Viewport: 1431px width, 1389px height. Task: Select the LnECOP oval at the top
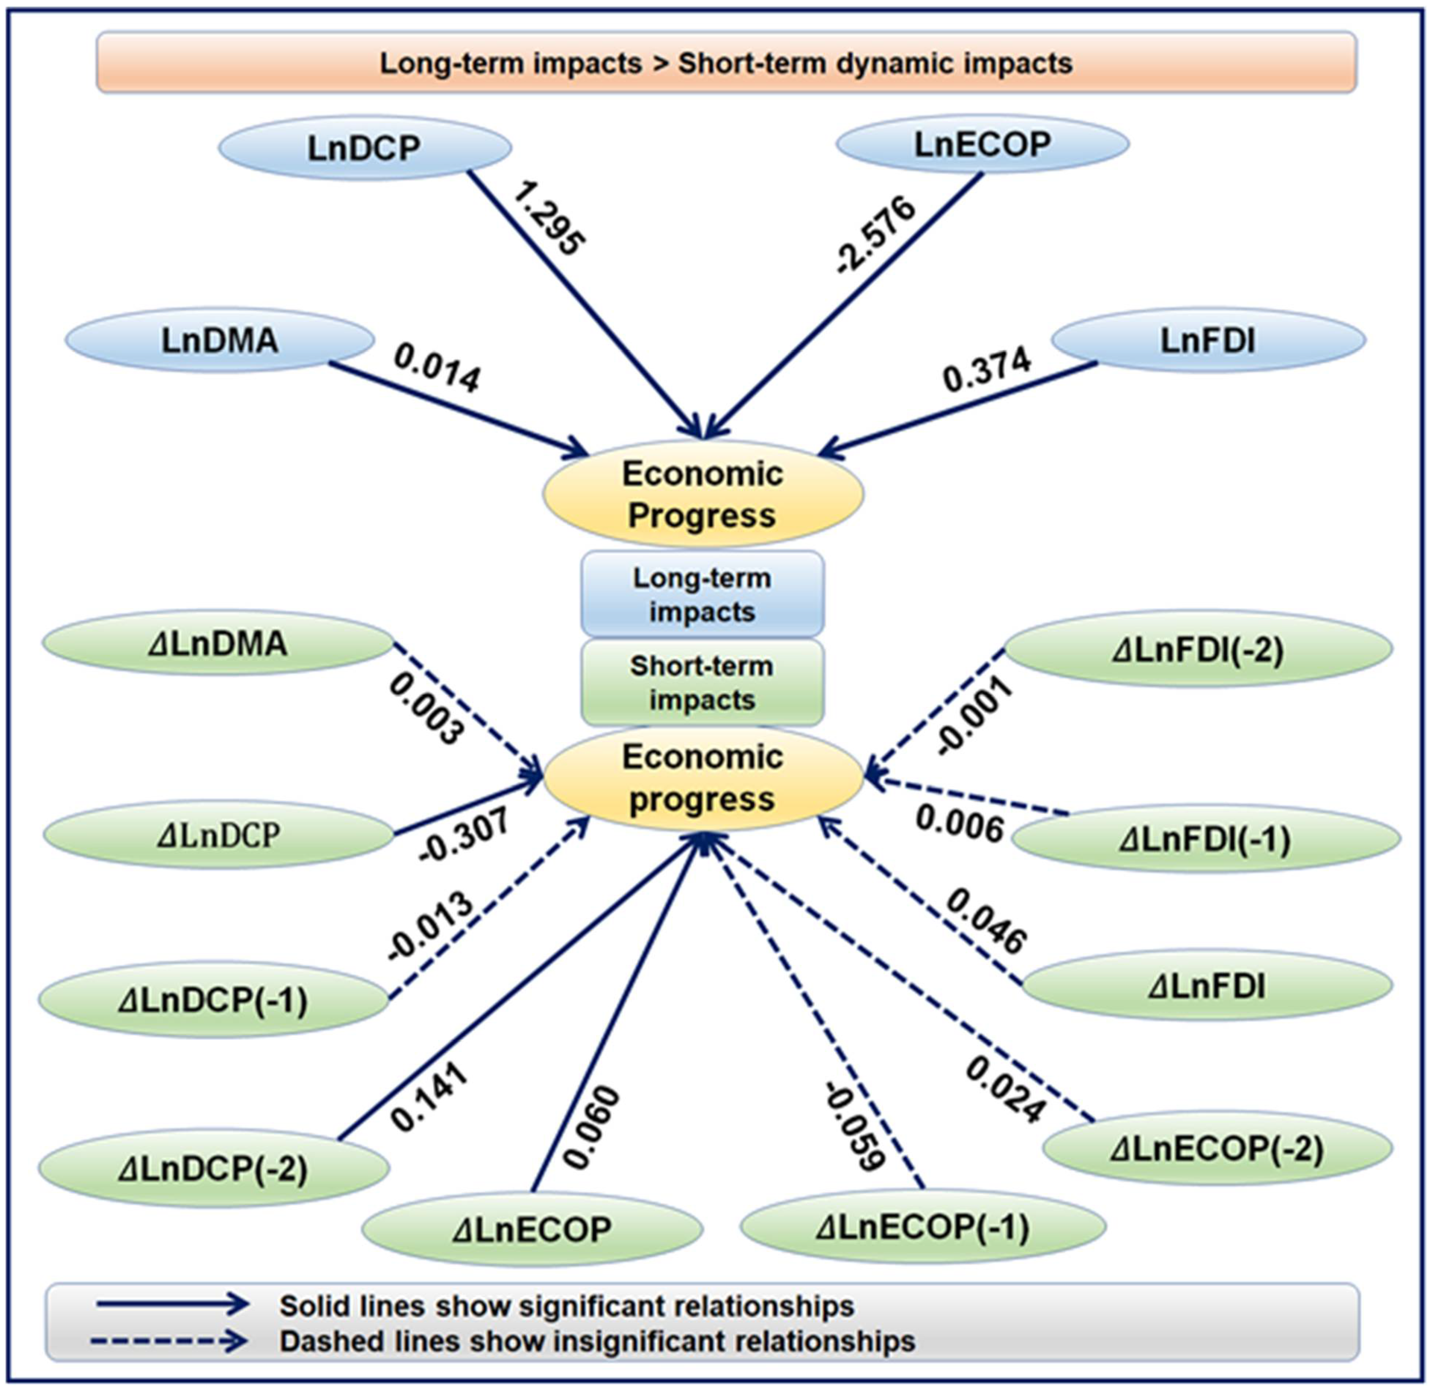(983, 144)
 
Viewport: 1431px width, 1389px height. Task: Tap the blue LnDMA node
(220, 340)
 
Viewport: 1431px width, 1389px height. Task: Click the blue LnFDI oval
(1208, 340)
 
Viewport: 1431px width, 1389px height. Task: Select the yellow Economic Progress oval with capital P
(702, 495)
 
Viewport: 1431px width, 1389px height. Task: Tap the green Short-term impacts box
(702, 683)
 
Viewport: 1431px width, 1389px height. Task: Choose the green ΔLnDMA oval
(218, 643)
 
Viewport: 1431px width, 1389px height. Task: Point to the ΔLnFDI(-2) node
(1198, 648)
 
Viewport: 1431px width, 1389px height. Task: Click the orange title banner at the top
(726, 62)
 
